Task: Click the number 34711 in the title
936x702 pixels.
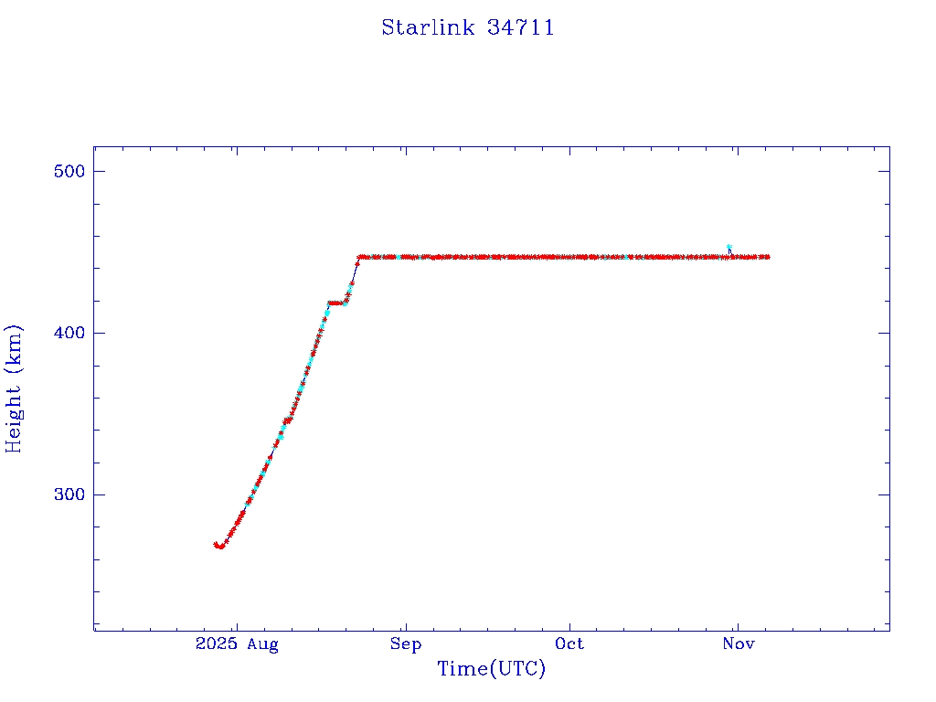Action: click(521, 27)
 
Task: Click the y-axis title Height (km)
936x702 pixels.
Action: click(14, 388)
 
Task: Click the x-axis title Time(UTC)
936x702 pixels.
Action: click(492, 669)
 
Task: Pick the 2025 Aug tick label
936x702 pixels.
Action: click(236, 644)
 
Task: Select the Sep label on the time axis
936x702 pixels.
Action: click(405, 644)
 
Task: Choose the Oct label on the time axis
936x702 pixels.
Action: click(569, 644)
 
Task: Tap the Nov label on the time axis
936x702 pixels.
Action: click(738, 644)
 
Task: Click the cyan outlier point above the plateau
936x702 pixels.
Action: click(729, 248)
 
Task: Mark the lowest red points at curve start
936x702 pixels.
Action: click(219, 546)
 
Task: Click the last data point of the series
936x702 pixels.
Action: click(767, 257)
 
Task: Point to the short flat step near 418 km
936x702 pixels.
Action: click(335, 303)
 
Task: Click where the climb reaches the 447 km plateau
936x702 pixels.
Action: click(360, 258)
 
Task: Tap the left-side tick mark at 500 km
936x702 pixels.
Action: click(98, 172)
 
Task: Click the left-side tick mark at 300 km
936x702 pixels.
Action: click(98, 495)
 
